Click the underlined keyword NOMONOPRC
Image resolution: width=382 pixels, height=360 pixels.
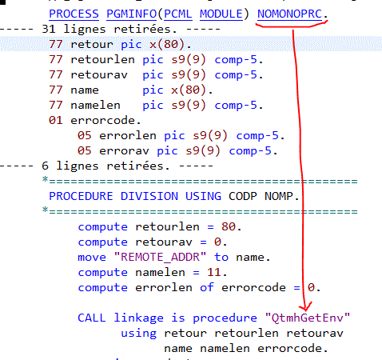(x=289, y=14)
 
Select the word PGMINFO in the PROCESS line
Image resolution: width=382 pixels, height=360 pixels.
(x=131, y=14)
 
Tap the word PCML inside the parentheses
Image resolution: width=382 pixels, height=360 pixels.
(x=177, y=14)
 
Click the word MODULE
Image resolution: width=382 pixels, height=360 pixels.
(x=221, y=14)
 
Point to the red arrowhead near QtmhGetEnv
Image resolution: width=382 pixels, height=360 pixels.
(x=305, y=306)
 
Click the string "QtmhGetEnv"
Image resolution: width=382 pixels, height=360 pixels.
(x=308, y=318)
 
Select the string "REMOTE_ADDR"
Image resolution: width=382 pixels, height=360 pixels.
(x=160, y=257)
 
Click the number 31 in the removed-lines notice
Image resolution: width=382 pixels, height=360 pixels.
(x=49, y=29)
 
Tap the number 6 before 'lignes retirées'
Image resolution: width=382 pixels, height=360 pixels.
(x=45, y=166)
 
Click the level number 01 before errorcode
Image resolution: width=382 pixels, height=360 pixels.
(x=55, y=120)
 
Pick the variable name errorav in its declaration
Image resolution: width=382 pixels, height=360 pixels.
(x=124, y=151)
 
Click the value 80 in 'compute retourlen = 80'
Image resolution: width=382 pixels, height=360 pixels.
(x=229, y=226)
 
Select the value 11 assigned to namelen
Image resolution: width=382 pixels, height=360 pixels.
(x=214, y=272)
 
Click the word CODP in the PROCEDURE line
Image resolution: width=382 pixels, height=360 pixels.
(x=243, y=196)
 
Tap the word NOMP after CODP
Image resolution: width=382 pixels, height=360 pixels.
(x=279, y=196)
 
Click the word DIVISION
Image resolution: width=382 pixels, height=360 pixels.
(x=149, y=196)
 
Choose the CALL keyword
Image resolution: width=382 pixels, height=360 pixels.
(x=92, y=318)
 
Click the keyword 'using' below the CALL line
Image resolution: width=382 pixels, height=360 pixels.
(x=138, y=334)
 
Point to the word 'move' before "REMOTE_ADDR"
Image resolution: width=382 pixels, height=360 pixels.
(x=92, y=257)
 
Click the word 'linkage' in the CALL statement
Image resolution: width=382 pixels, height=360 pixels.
(x=138, y=318)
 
